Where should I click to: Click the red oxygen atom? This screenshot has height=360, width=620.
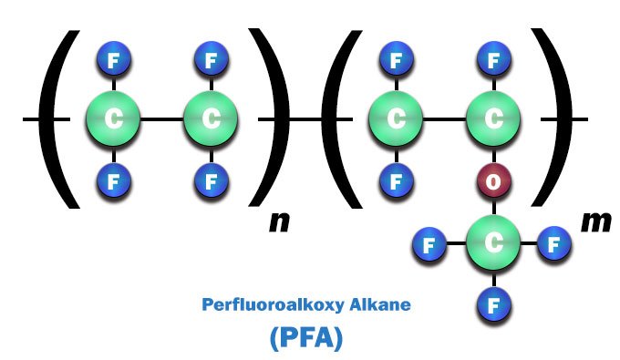493,180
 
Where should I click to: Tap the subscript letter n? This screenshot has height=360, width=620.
279,221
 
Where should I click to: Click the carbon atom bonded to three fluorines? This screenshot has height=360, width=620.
493,243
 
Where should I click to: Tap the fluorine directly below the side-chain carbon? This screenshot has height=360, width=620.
493,302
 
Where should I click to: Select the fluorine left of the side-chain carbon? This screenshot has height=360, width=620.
429,244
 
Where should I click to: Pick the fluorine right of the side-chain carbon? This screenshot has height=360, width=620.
553,244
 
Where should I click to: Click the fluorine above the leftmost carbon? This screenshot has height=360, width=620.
113,62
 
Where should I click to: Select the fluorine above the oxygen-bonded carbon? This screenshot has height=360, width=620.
493,62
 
